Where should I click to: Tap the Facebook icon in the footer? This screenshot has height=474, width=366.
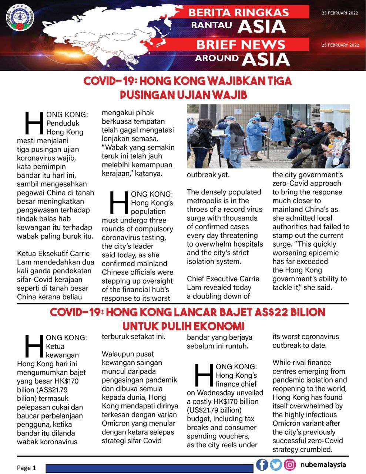tap(262, 464)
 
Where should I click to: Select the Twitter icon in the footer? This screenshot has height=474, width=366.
tap(276, 464)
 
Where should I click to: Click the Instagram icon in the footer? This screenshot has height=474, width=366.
tap(290, 464)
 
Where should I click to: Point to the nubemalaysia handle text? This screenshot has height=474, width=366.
tap(323, 464)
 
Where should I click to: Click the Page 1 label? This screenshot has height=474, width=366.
tap(26, 468)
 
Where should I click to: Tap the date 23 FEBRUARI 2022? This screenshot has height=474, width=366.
tap(340, 13)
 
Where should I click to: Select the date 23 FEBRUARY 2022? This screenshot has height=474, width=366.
tap(340, 45)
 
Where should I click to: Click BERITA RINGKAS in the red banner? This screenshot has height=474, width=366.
tap(238, 12)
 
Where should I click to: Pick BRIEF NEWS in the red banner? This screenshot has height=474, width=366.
tap(241, 44)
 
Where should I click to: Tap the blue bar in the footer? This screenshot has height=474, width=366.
tap(150, 468)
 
